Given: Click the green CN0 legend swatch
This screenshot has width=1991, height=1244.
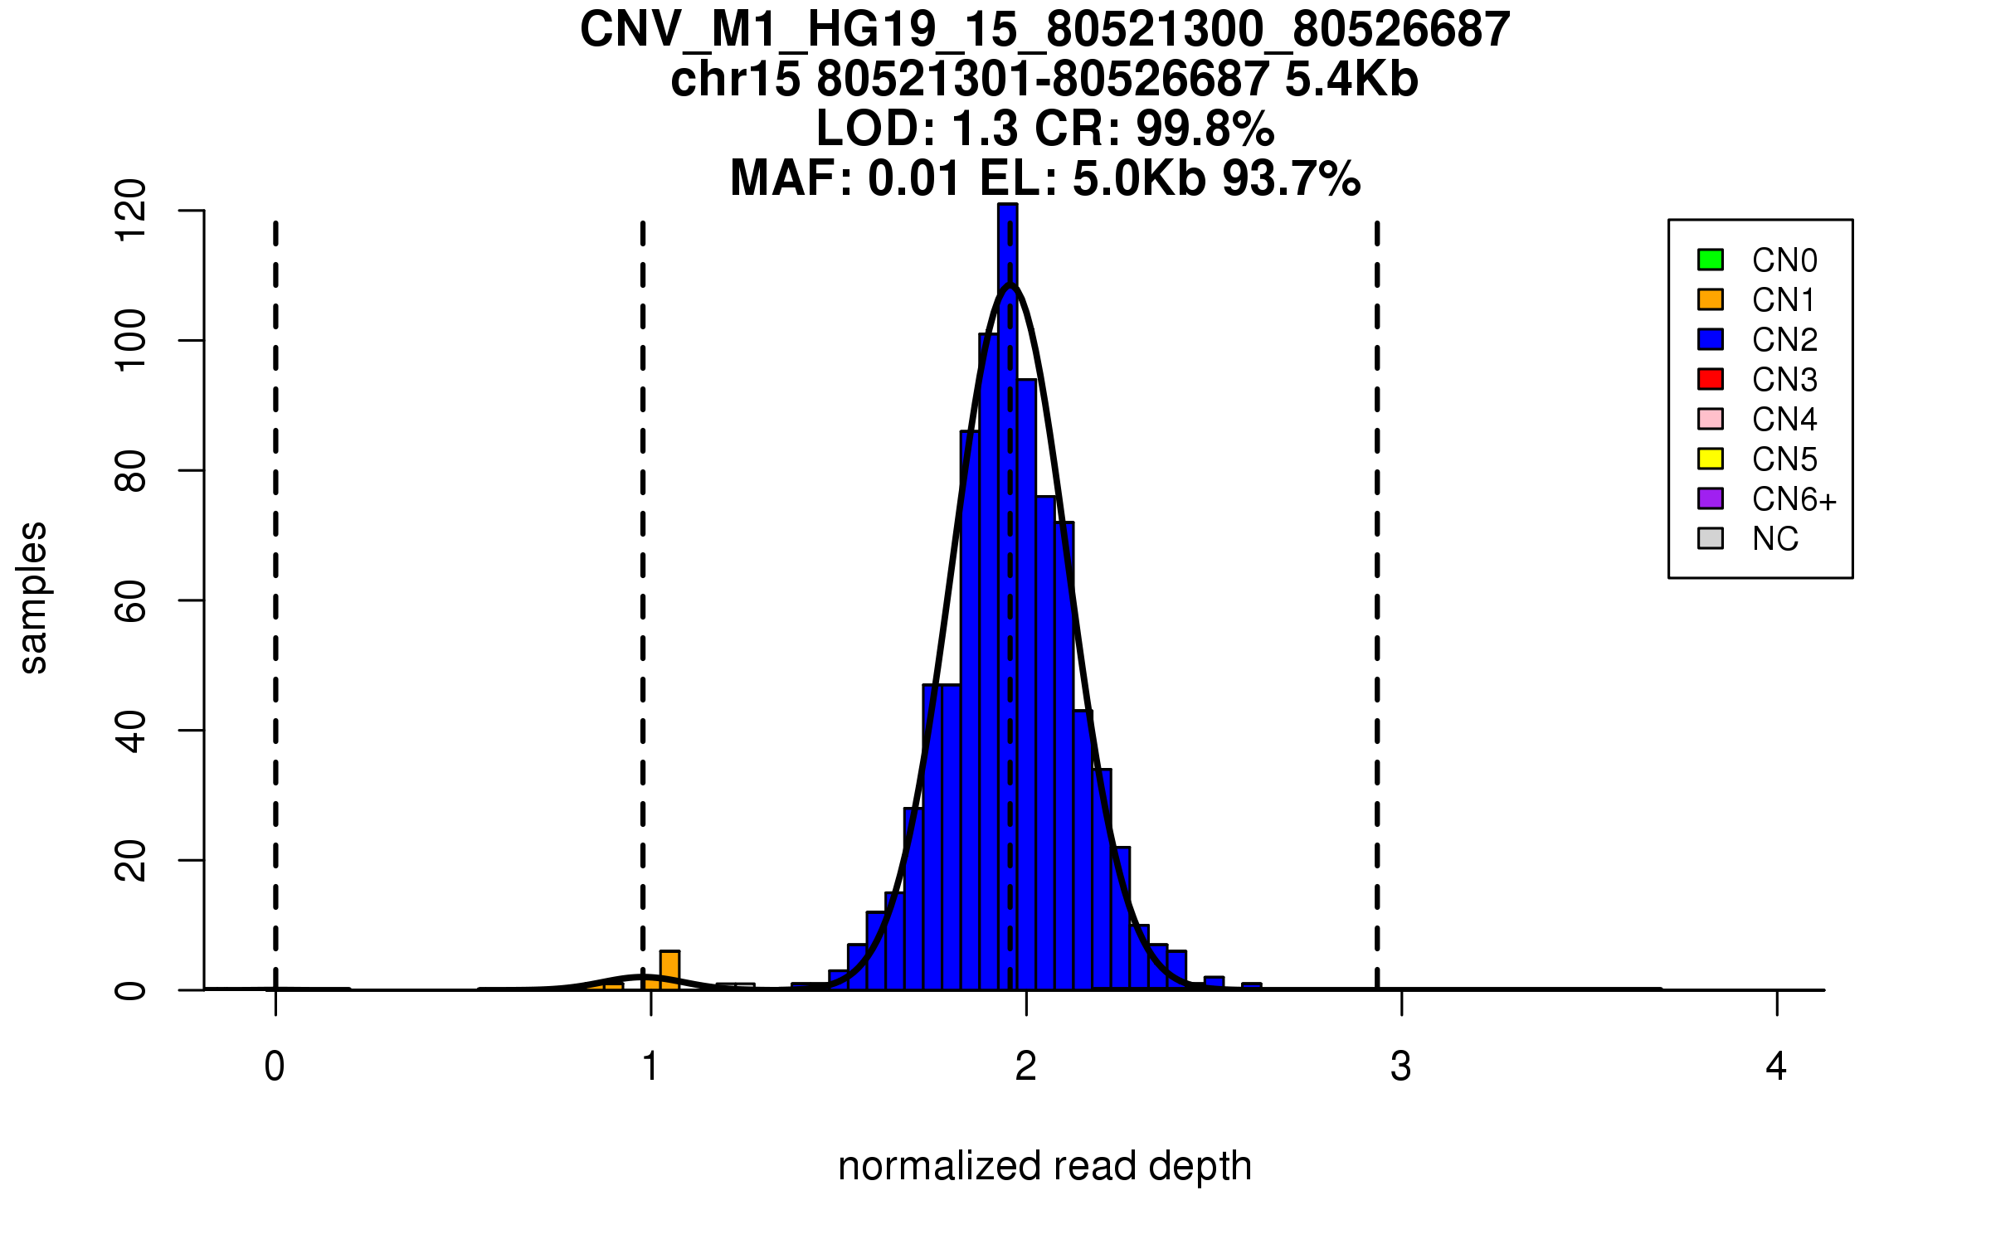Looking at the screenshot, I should [x=1711, y=260].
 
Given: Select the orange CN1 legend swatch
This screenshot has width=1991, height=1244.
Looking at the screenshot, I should [x=1711, y=299].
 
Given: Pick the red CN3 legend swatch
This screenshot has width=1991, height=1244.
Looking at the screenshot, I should [x=1711, y=379].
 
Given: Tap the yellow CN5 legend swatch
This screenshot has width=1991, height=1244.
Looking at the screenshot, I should [x=1711, y=459].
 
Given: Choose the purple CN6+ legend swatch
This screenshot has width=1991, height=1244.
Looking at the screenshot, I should [x=1711, y=498].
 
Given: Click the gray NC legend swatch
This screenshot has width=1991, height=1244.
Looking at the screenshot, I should [x=1711, y=538].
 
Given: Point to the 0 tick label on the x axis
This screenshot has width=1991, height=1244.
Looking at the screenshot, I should [x=275, y=1067].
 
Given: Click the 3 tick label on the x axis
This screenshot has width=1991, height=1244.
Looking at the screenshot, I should [x=1401, y=1067].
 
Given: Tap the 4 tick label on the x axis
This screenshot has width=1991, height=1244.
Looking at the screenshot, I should [x=1776, y=1067].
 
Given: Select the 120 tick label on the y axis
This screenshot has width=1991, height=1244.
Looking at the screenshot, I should [x=131, y=211].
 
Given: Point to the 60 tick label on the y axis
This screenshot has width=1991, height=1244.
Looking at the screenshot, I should [x=131, y=600].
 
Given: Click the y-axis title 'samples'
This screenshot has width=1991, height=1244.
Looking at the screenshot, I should [x=33, y=598].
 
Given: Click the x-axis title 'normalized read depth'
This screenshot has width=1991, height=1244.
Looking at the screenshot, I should [x=1044, y=1166].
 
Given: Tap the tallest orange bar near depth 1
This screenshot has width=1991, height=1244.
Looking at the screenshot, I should [x=669, y=970].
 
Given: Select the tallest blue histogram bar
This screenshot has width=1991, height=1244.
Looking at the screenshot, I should [x=1008, y=581].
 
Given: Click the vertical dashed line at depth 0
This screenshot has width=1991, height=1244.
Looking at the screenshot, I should [x=275, y=581].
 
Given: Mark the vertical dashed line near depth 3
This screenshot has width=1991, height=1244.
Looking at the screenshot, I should [x=1377, y=581].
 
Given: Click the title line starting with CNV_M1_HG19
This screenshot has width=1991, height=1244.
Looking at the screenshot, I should [x=1044, y=30].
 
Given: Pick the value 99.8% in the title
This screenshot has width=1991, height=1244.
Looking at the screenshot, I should [x=1205, y=129].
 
